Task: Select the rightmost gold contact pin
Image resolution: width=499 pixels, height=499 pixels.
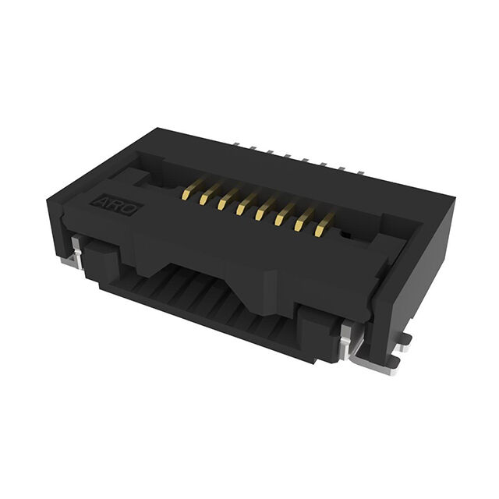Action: point(324,225)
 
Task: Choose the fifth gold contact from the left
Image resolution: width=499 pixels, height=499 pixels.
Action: point(267,208)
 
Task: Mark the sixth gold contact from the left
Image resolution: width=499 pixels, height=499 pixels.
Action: point(286,214)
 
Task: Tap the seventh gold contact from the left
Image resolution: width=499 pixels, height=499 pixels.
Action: point(305,219)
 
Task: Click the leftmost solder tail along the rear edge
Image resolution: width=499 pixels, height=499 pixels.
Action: point(236,144)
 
